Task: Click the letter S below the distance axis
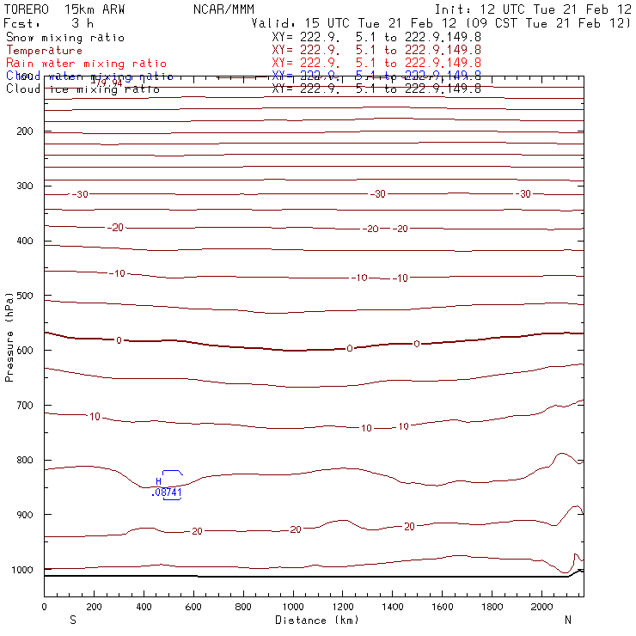click(72, 620)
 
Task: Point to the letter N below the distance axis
click(567, 620)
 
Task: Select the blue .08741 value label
click(165, 492)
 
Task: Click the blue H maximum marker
click(158, 481)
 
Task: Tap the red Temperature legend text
click(44, 51)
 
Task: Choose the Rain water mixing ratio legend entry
click(86, 64)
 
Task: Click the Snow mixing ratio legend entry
click(64, 38)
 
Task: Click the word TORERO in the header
click(26, 9)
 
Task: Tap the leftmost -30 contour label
click(80, 195)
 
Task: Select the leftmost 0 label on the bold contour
click(119, 340)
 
